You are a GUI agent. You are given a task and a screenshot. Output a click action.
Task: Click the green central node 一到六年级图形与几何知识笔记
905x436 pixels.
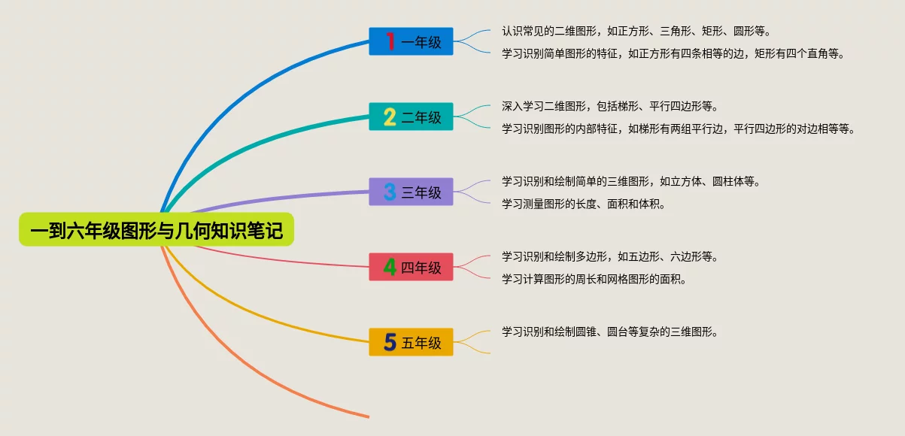pyautogui.click(x=156, y=229)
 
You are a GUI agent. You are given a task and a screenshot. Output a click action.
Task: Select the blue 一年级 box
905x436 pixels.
pyautogui.click(x=411, y=41)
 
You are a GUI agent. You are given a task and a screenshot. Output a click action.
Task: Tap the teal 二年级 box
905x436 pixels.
pyautogui.click(x=411, y=117)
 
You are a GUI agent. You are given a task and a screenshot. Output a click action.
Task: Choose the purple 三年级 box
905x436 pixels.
pyautogui.click(x=411, y=192)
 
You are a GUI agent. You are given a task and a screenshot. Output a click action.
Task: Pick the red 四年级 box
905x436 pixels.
pyautogui.click(x=411, y=267)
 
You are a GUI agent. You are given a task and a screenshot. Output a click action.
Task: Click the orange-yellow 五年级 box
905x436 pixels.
pyautogui.click(x=411, y=342)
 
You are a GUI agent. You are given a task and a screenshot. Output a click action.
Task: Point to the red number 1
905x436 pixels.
pyautogui.click(x=390, y=41)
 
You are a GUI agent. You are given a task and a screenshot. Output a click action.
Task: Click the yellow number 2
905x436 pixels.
pyautogui.click(x=390, y=117)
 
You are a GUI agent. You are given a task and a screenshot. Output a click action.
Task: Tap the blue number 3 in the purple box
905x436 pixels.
pyautogui.click(x=390, y=192)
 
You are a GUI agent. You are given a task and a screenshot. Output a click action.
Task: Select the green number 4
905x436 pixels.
pyautogui.click(x=390, y=267)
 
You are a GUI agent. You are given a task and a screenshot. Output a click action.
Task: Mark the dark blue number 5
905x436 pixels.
pyautogui.click(x=390, y=342)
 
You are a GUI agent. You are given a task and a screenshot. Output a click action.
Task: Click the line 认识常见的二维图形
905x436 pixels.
pyautogui.click(x=636, y=31)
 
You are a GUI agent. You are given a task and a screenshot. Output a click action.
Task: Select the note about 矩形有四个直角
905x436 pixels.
pyautogui.click(x=673, y=53)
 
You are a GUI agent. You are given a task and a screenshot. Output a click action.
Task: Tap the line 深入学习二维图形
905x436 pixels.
pyautogui.click(x=610, y=106)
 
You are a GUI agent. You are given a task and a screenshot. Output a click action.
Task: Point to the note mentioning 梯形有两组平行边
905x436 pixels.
pyautogui.click(x=679, y=129)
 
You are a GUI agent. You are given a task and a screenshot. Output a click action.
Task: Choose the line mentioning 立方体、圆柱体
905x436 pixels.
pyautogui.click(x=631, y=181)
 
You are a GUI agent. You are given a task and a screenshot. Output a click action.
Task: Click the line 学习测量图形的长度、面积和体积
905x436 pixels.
pyautogui.click(x=584, y=204)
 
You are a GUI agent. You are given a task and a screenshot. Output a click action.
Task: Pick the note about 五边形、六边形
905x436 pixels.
pyautogui.click(x=610, y=256)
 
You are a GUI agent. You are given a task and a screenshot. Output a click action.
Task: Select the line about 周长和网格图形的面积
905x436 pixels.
pyautogui.click(x=594, y=279)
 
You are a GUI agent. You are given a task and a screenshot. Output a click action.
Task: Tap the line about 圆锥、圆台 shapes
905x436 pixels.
pyautogui.click(x=610, y=332)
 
